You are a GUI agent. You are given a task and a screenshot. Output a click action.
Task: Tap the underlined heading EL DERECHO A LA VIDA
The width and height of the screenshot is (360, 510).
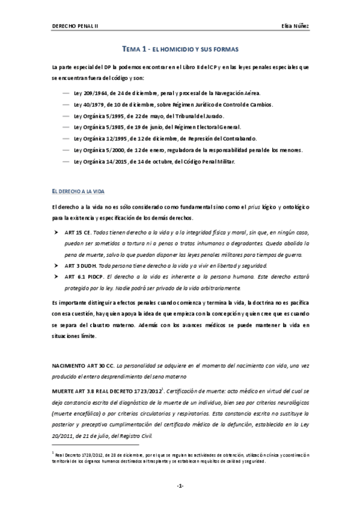pyautogui.click(x=78, y=191)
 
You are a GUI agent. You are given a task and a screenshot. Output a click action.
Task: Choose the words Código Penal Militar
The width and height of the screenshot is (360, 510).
pyautogui.click(x=210, y=161)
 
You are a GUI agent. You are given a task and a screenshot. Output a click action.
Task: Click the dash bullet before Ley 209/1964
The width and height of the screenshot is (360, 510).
pyautogui.click(x=65, y=94)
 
